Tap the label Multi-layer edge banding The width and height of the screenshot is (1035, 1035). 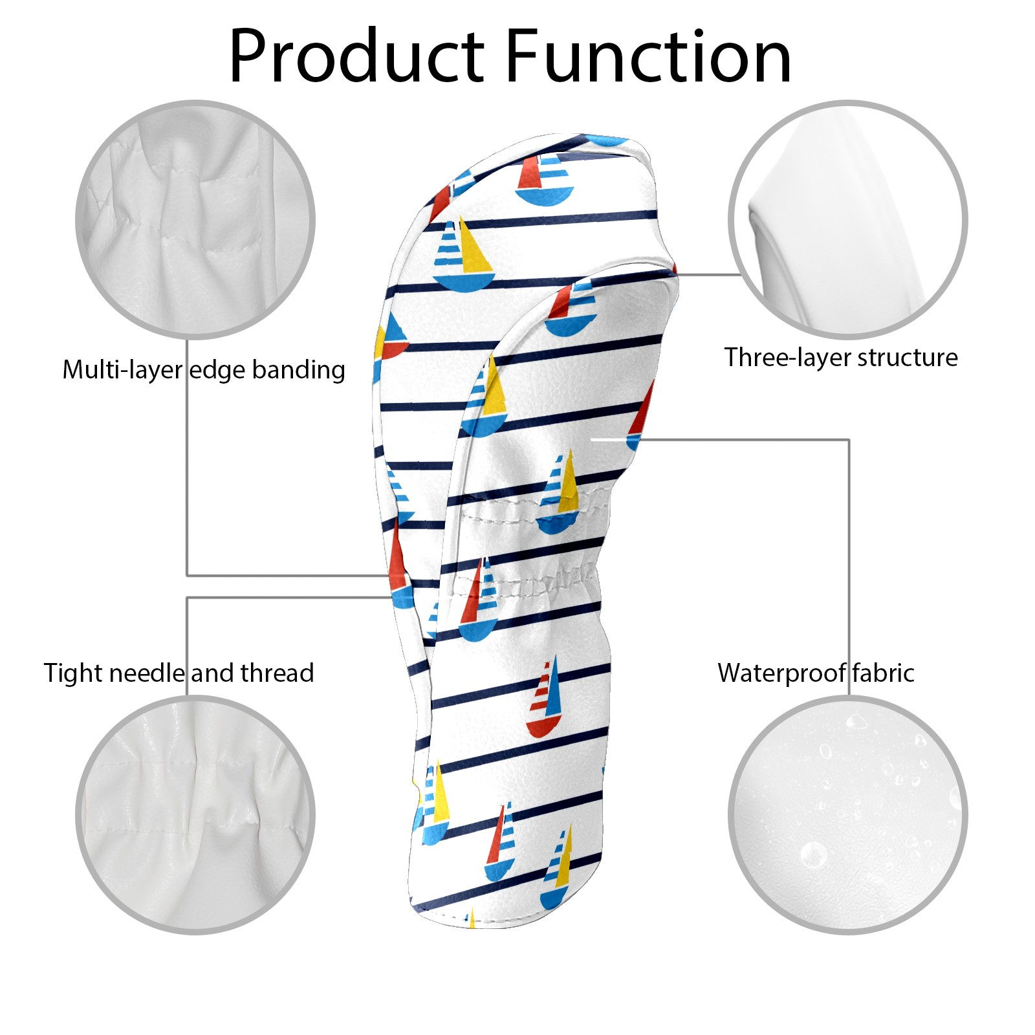click(x=203, y=370)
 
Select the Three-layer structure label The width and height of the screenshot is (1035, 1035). click(x=840, y=357)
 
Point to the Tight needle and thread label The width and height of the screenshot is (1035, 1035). click(x=179, y=673)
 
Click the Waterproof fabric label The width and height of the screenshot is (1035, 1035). click(x=815, y=673)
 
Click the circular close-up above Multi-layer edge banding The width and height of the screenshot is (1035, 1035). click(x=195, y=219)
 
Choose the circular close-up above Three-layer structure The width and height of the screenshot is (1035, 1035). click(x=847, y=219)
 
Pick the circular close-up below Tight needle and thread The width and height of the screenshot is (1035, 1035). click(x=195, y=814)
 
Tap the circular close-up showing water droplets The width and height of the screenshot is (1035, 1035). click(x=847, y=814)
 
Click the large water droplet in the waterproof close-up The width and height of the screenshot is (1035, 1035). click(x=813, y=855)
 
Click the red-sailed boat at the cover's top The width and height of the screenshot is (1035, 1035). click(x=545, y=180)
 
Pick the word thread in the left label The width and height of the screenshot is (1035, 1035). click(x=277, y=673)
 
